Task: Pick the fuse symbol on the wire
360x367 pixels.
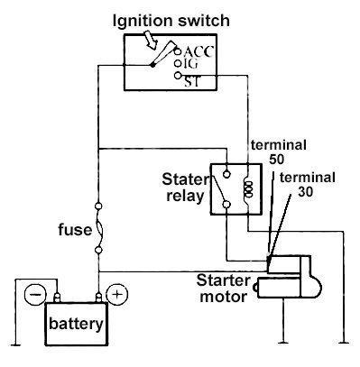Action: coord(99,229)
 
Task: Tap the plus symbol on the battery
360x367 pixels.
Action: coord(115,294)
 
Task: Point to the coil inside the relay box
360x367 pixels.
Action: coord(245,188)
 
